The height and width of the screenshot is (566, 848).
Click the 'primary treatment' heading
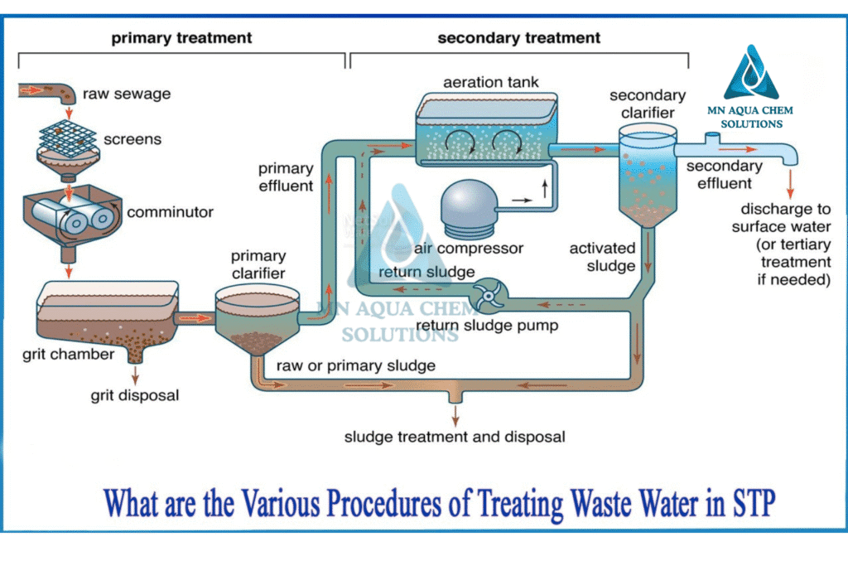(x=181, y=38)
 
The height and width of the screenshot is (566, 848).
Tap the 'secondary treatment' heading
(x=518, y=38)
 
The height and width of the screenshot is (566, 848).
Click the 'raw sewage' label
(x=127, y=94)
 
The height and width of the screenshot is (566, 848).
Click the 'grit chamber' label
(x=68, y=355)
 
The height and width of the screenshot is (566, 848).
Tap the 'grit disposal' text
(x=135, y=395)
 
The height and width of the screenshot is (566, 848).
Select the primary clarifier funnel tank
(x=258, y=319)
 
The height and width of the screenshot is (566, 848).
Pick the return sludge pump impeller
(x=489, y=296)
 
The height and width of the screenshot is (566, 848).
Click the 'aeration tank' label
(x=490, y=82)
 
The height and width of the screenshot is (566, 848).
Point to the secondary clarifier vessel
(x=648, y=174)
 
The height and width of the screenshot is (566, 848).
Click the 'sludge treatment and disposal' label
(x=455, y=437)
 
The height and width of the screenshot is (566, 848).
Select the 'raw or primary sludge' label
(x=356, y=365)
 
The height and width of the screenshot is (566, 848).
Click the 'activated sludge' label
(x=603, y=257)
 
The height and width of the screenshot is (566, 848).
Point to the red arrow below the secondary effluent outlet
(x=790, y=184)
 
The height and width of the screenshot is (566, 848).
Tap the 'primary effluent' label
(x=286, y=177)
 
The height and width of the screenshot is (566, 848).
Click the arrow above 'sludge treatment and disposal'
(x=455, y=415)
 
